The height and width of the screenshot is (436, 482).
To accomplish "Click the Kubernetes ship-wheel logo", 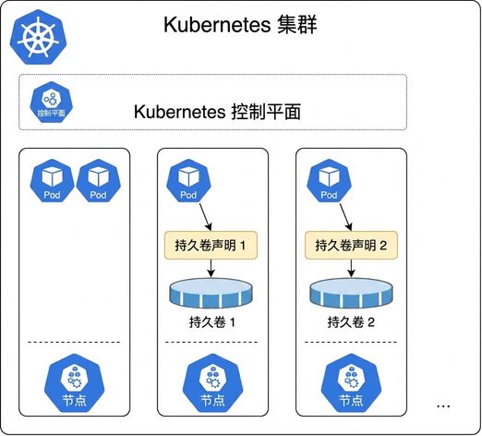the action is (38, 37).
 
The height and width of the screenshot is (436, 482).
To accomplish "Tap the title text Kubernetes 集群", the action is (240, 25).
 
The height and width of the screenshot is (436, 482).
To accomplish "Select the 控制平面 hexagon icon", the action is (52, 103).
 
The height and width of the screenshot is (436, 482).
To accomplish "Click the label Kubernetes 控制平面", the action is (217, 112).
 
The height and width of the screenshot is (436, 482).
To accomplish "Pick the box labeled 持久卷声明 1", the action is (211, 245).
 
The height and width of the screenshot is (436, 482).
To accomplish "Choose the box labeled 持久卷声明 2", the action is (351, 245).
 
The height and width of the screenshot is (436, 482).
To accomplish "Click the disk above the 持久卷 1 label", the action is (211, 293).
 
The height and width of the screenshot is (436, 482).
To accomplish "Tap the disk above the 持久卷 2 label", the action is (351, 293).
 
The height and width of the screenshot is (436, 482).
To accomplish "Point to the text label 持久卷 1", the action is (212, 322).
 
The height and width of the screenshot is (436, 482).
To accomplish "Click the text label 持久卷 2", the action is (351, 322).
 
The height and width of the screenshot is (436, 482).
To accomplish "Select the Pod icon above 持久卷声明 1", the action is (188, 181).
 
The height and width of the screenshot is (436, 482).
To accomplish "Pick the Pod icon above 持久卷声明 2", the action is (329, 181).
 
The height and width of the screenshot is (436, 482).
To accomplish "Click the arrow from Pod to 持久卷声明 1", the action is (205, 217).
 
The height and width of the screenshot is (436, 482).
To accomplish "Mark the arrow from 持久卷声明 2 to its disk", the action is (351, 268).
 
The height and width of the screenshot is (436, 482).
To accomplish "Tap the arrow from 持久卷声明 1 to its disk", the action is (211, 268).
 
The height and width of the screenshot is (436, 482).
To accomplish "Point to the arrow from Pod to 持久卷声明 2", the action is (345, 217).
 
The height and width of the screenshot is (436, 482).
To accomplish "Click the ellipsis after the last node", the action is (443, 406).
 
